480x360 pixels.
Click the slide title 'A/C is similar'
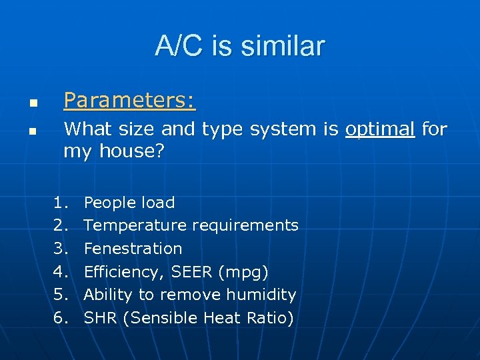pyautogui.click(x=240, y=46)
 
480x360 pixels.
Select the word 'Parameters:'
pyautogui.click(x=129, y=100)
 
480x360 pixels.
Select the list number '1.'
pyautogui.click(x=61, y=203)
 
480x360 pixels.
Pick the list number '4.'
pyautogui.click(x=61, y=272)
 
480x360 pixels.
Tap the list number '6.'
pyautogui.click(x=61, y=318)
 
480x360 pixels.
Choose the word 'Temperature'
pyautogui.click(x=135, y=225)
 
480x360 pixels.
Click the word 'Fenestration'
pyautogui.click(x=133, y=249)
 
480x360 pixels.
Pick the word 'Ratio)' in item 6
pyautogui.click(x=271, y=318)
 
